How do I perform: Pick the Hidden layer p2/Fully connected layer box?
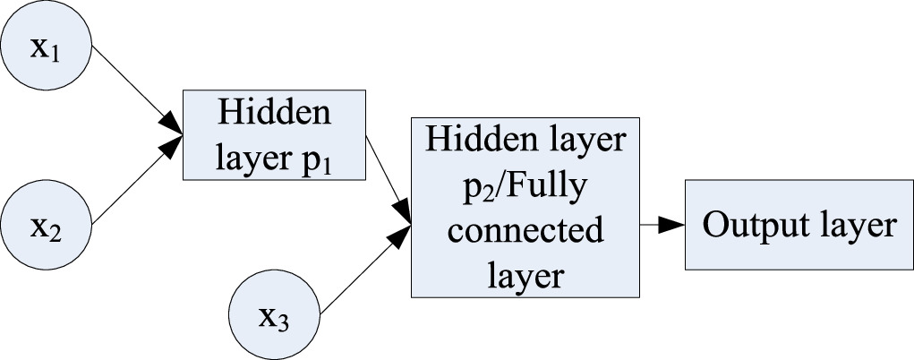(x=525, y=207)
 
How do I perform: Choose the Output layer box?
(x=799, y=226)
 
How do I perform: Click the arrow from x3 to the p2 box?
(x=365, y=270)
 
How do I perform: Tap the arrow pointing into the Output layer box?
(x=661, y=226)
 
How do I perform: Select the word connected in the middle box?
(x=525, y=230)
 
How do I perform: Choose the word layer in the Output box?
(x=851, y=226)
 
